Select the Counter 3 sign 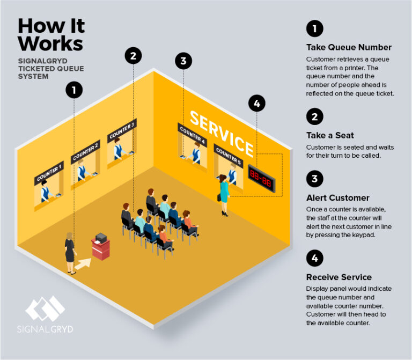coord(122,130)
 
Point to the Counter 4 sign coord(192,133)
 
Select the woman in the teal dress coord(224,194)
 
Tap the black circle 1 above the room coord(75,90)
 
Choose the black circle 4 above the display coord(256,104)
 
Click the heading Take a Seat coord(330,135)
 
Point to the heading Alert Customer coord(337,197)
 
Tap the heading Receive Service coord(339,277)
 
